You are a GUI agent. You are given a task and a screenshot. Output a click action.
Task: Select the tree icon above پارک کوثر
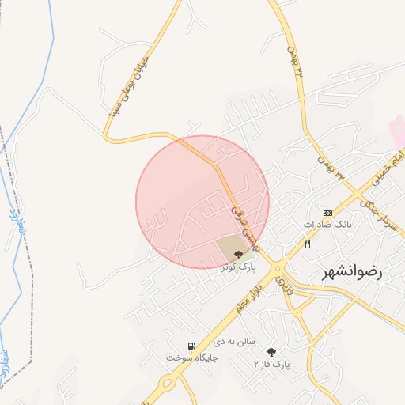click(x=239, y=254)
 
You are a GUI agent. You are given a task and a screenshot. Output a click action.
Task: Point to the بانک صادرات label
click(x=327, y=225)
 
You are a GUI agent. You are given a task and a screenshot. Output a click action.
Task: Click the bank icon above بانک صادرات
click(x=327, y=213)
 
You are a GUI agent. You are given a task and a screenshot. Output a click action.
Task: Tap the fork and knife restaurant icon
click(x=307, y=244)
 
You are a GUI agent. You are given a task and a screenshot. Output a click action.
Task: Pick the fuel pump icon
click(x=191, y=346)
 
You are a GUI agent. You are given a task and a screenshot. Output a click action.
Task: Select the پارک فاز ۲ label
click(x=272, y=364)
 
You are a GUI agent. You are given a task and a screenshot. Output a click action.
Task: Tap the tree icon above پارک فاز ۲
click(x=272, y=352)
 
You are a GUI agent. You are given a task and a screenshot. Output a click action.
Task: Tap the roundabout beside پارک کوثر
click(x=278, y=268)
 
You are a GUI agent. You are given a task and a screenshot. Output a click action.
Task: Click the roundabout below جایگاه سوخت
click(x=168, y=385)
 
